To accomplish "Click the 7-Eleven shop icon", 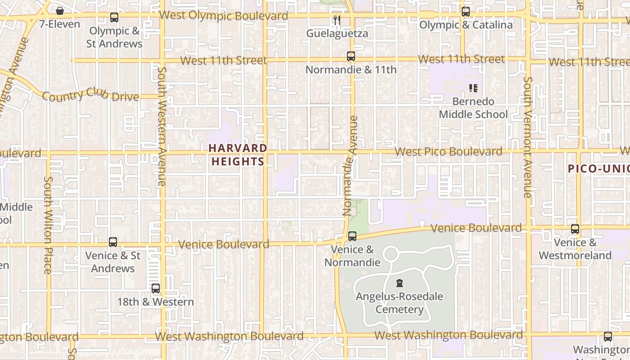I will coord(59,11).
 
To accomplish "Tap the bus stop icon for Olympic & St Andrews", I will coord(114,18).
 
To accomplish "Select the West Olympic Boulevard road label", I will coord(224,16).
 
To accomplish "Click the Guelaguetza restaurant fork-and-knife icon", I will coord(337,20).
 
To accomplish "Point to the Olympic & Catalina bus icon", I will coord(466,12).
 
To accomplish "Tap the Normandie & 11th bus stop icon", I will coord(351,56).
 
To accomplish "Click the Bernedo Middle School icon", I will coord(473,88).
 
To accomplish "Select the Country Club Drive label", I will coord(90,96).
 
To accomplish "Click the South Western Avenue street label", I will coord(162,126).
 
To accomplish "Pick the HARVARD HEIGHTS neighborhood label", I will coord(238,155).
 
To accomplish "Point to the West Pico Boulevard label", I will coord(449,152).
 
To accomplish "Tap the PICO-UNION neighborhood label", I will coord(598,169).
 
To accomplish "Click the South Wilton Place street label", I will coord(48,225).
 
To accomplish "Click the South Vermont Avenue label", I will coord(528,137).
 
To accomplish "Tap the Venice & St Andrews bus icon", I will coord(113,242).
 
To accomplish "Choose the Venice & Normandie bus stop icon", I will coord(352,236).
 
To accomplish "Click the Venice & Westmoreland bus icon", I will coord(575,229).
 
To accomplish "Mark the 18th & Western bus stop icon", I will coord(156,288).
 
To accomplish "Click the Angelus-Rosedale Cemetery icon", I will coord(399,283).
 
